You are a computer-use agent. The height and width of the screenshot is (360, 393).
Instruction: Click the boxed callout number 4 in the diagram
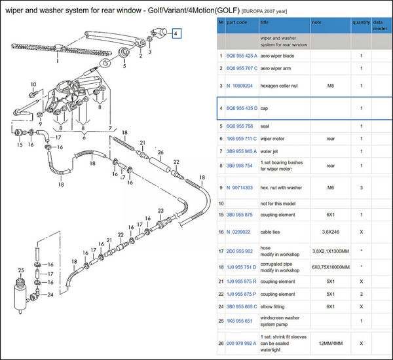point(176,33)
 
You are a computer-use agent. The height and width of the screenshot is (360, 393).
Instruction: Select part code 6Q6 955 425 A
point(242,56)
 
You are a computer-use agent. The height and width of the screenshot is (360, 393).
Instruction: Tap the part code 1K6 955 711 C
point(242,139)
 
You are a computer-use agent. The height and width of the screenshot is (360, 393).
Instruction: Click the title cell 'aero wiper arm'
point(276,68)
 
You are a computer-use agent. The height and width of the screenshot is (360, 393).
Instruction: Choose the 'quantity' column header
point(361,22)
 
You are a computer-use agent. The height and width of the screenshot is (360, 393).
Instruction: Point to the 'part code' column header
point(236,22)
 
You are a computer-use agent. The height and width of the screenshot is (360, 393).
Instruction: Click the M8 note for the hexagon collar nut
point(330,86)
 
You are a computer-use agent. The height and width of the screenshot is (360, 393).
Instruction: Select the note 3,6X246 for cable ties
point(330,232)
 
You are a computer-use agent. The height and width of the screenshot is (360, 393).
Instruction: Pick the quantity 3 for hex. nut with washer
point(361,188)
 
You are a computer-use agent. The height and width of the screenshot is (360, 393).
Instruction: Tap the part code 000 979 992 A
point(241,344)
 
